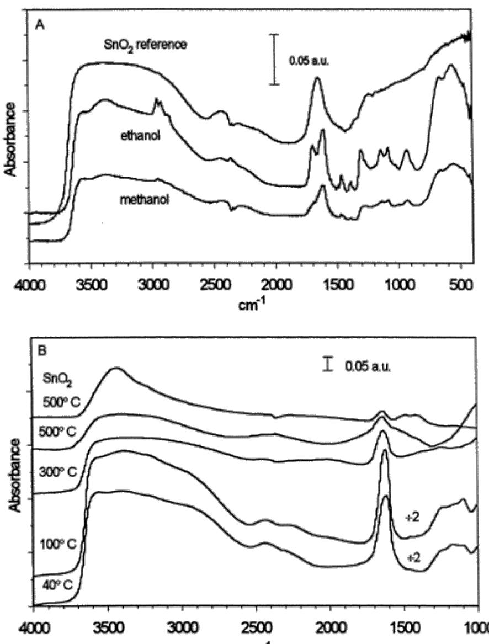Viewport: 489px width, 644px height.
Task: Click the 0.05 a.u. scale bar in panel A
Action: pyautogui.click(x=274, y=59)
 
